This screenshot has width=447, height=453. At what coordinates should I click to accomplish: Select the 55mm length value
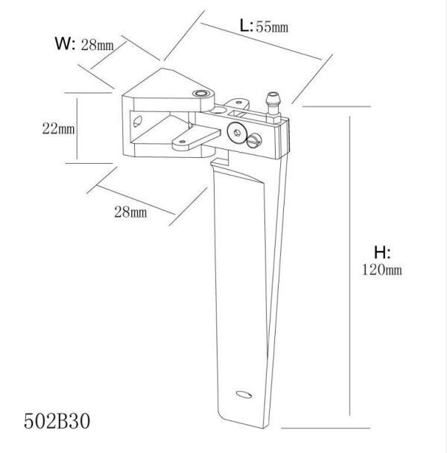pyautogui.click(x=271, y=28)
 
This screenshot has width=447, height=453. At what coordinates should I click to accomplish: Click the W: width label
pyautogui.click(x=65, y=44)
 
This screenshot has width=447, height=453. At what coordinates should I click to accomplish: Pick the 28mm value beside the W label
pyautogui.click(x=97, y=46)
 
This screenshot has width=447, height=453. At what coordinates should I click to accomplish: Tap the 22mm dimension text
pyautogui.click(x=57, y=128)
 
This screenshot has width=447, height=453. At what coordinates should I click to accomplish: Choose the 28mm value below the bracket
pyautogui.click(x=130, y=212)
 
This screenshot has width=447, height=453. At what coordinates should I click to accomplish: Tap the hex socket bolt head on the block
pyautogui.click(x=238, y=132)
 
